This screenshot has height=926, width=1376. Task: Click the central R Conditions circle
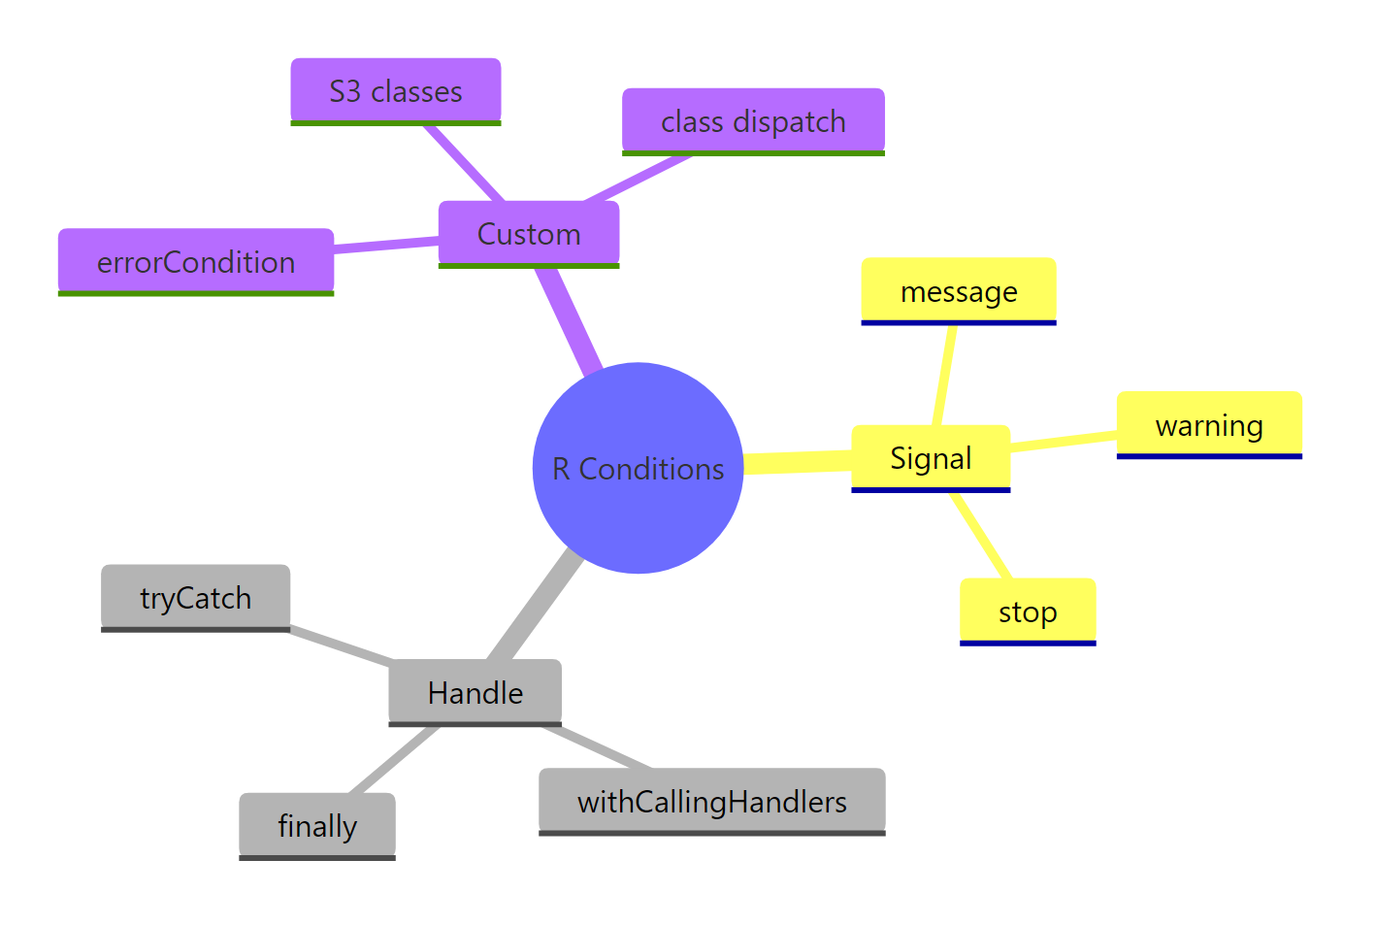[638, 468]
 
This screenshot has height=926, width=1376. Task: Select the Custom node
[528, 234]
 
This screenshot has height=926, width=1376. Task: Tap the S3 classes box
[395, 91]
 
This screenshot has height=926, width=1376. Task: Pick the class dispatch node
[752, 121]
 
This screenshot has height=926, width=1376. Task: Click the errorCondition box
[195, 262]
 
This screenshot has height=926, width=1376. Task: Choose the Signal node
[930, 458]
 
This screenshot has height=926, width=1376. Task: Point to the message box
[958, 291]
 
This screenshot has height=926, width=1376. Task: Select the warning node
[1208, 425]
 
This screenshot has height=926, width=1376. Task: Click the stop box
[1027, 612]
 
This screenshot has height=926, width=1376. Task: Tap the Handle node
[475, 692]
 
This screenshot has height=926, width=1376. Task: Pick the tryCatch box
[195, 598]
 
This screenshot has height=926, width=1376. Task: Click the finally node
[316, 826]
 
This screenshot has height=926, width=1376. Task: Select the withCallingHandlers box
[711, 802]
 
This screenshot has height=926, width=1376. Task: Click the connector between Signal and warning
[1064, 442]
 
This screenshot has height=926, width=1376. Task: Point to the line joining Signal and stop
[981, 536]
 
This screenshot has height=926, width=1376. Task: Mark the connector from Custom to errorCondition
[386, 246]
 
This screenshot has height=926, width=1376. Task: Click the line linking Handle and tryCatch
[340, 645]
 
